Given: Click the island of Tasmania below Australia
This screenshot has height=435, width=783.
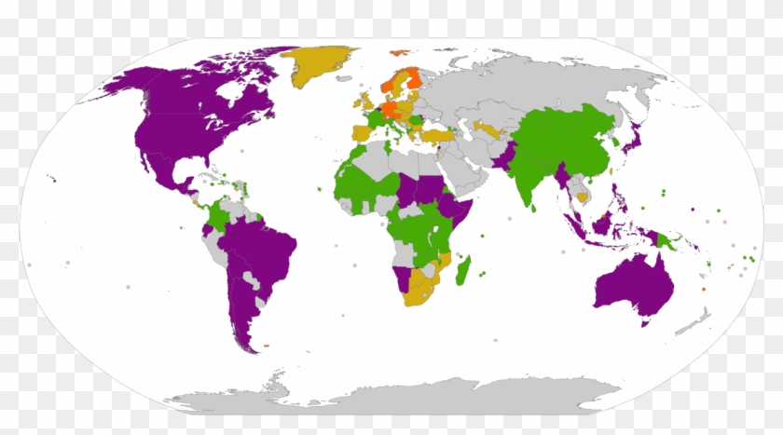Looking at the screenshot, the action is pos(644,323).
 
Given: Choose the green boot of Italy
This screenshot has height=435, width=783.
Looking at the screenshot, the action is pos(393,130).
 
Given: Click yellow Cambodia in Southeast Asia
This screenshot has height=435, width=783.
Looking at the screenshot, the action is pos(584,197).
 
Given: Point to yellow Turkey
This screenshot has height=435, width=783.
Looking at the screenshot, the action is pos(436,136).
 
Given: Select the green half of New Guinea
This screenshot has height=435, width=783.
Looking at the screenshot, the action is pos(666,242).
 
